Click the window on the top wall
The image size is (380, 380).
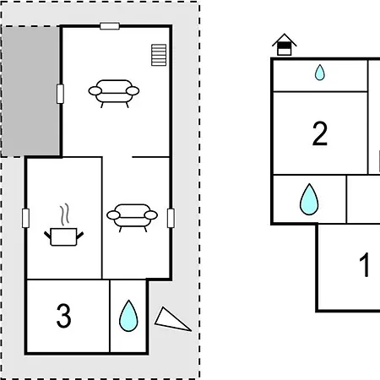click(110, 26)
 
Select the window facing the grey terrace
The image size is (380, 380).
click(60, 94)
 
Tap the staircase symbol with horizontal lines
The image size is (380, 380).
click(159, 55)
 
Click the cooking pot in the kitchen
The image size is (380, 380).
click(63, 236)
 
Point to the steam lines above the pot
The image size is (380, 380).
click(65, 214)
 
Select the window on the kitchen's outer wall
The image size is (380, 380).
click(25, 218)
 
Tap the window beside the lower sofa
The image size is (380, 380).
click(171, 218)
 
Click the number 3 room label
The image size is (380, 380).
click(63, 316)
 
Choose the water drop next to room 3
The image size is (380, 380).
click(128, 316)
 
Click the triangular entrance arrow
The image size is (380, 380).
click(171, 321)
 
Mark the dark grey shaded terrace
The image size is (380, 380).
click(30, 91)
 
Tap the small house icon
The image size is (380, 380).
click(285, 45)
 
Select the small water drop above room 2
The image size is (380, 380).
click(319, 73)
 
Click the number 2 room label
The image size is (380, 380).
click(320, 133)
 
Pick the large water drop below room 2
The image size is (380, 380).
click(309, 199)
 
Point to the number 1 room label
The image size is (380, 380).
click(365, 264)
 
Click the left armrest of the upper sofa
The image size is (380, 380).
click(95, 91)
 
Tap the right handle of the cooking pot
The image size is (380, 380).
click(80, 235)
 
